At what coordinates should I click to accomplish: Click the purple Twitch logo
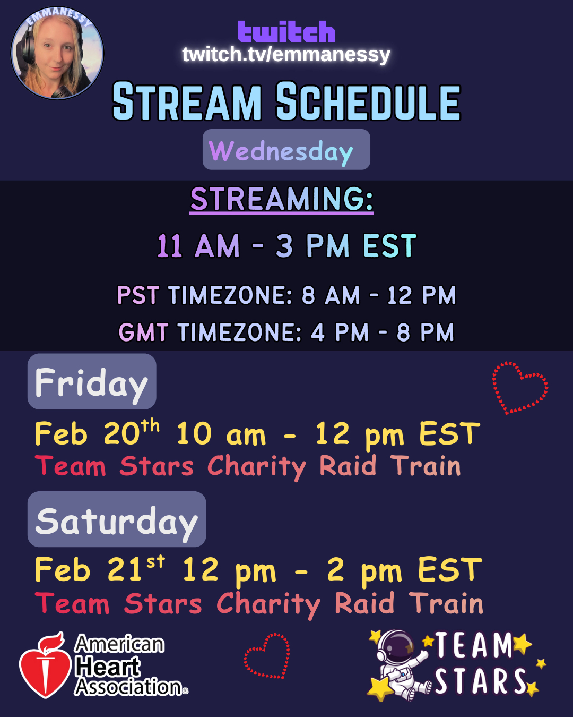(286, 32)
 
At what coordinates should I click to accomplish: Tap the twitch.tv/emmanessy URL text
(286, 54)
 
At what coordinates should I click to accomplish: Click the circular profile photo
(57, 53)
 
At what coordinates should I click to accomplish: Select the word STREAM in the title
(187, 101)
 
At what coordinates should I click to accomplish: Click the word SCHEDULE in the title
(368, 101)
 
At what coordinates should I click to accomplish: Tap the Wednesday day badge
(286, 149)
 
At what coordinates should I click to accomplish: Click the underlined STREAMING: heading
(282, 200)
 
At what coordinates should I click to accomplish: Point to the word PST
(138, 295)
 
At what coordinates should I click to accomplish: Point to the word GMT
(143, 332)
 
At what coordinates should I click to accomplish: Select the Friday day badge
(92, 381)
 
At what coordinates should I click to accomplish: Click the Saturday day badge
(117, 519)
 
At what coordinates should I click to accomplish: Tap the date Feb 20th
(97, 432)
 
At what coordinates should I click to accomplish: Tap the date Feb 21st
(100, 568)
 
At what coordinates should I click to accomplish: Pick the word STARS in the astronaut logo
(481, 682)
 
